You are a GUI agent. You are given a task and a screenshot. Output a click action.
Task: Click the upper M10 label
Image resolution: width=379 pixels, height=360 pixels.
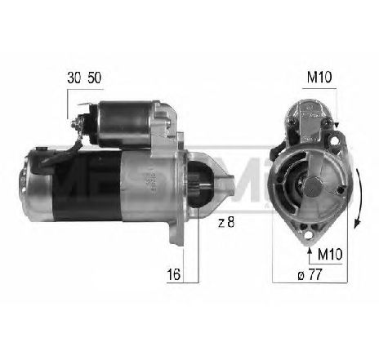click(x=318, y=78)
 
